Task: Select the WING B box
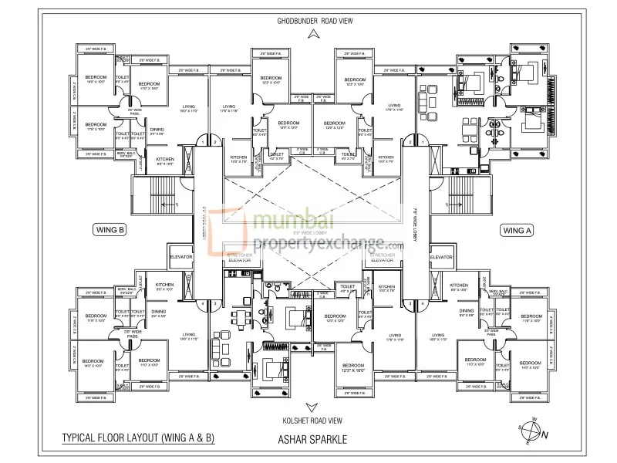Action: click(113, 229)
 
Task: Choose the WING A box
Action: click(518, 229)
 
